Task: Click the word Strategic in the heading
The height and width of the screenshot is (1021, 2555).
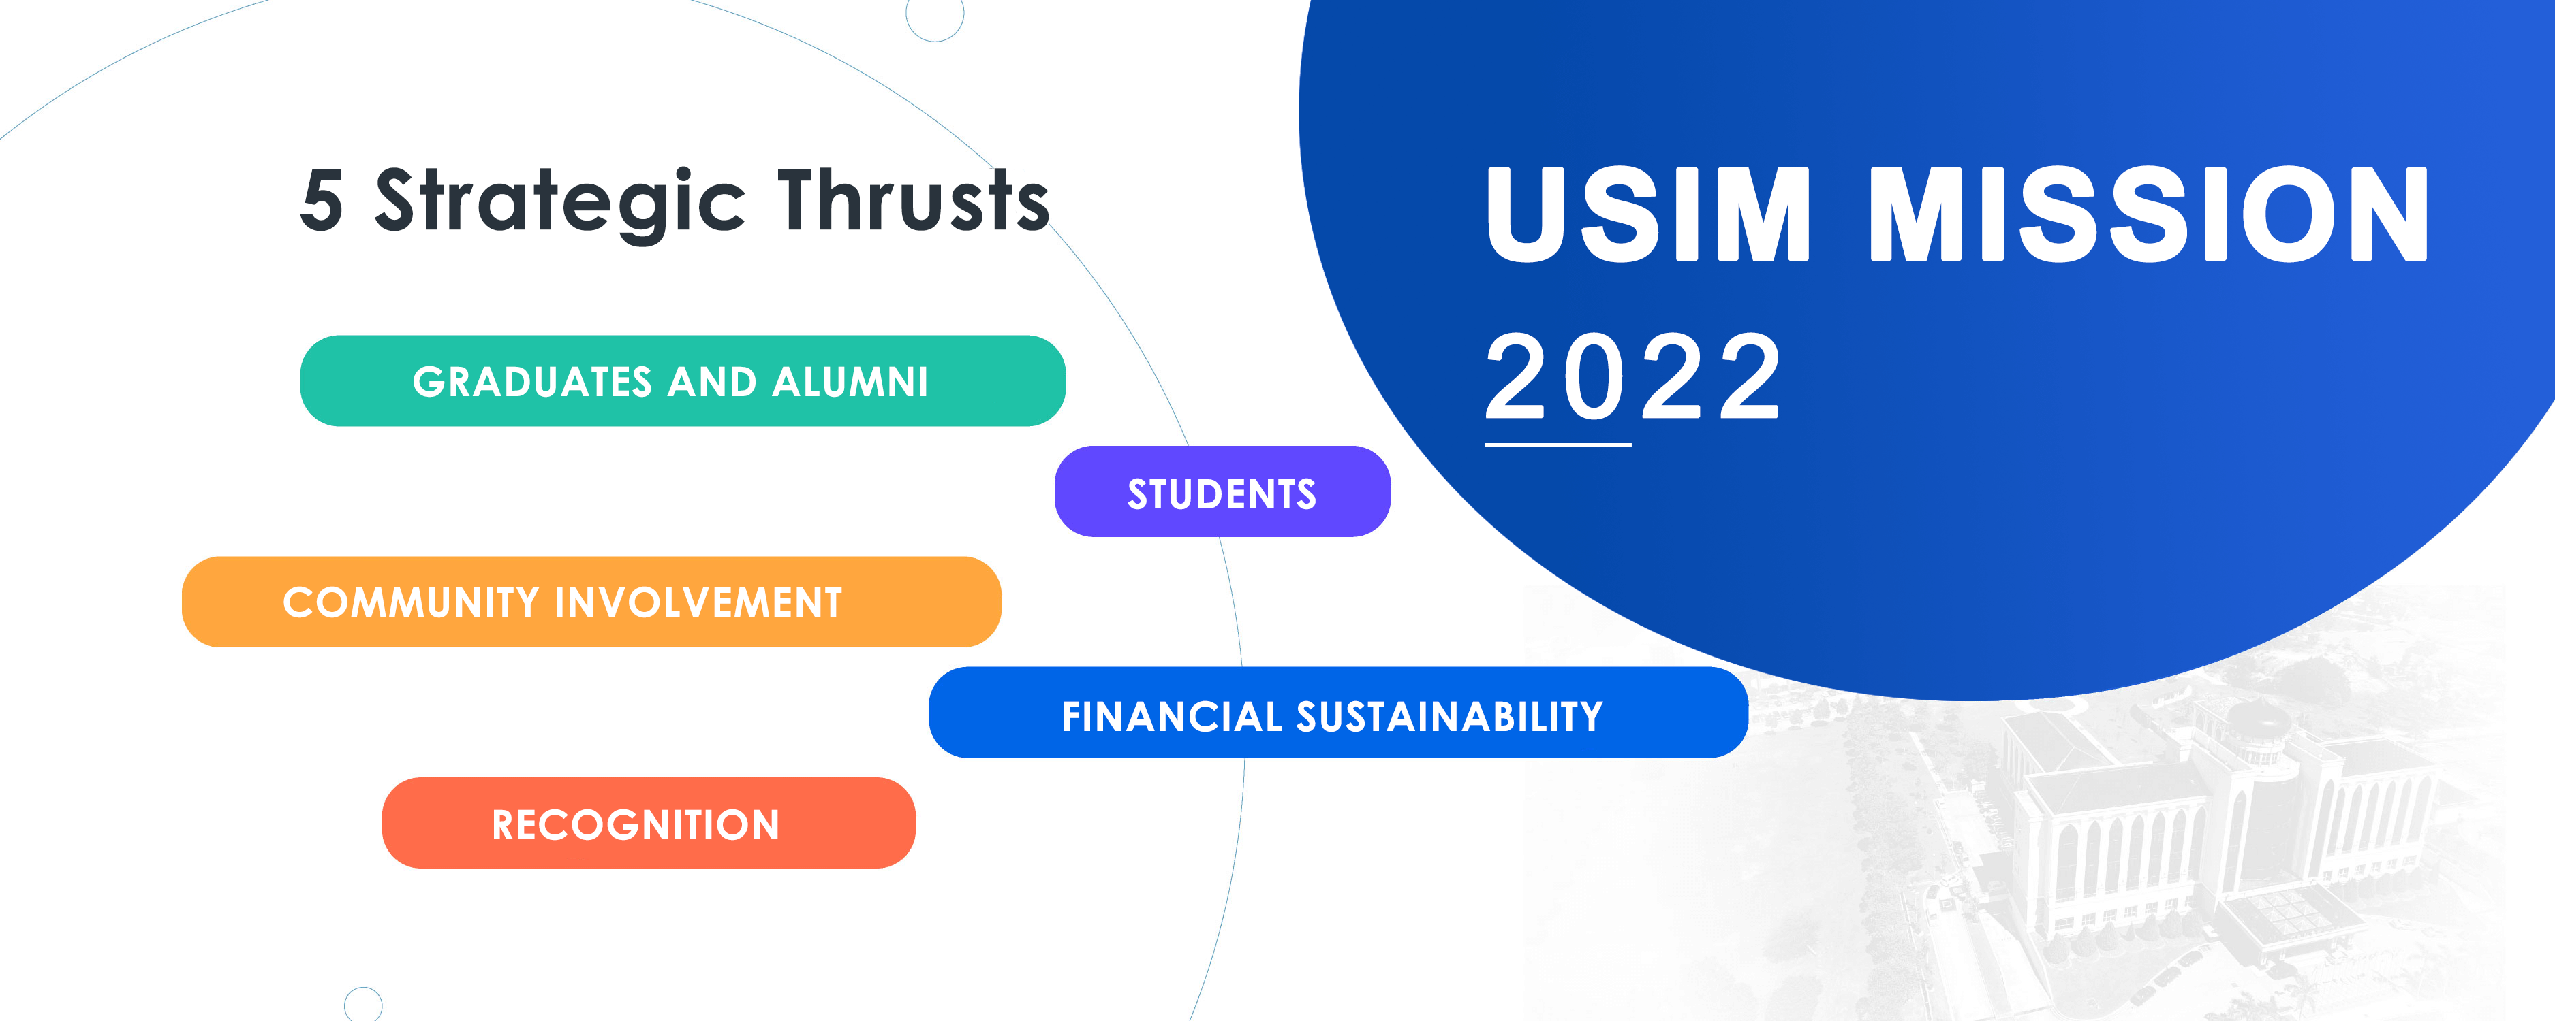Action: [560, 204]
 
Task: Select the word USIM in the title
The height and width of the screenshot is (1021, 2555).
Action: [1647, 214]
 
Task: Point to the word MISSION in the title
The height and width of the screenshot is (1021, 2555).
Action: [2148, 214]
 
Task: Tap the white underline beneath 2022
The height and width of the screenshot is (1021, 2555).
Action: [1558, 445]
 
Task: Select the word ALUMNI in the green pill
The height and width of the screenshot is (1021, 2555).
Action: [850, 382]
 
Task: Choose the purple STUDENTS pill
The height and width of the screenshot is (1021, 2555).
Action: [1222, 491]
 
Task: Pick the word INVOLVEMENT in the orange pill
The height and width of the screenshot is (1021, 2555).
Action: [698, 602]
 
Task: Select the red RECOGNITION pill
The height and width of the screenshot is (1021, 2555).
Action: [649, 823]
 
